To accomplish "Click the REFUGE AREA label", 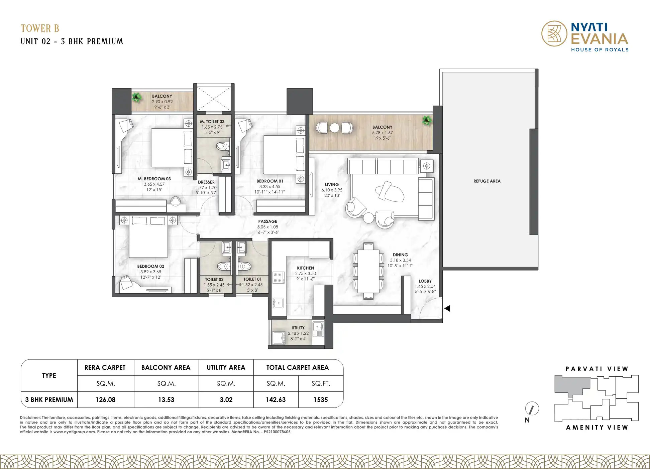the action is [x=487, y=181].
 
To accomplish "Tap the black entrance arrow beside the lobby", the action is [x=447, y=308].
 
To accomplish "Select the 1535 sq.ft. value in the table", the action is [x=321, y=400].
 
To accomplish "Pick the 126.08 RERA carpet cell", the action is [x=105, y=400].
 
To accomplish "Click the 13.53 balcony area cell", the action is [x=166, y=400].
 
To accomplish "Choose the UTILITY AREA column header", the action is [x=226, y=367].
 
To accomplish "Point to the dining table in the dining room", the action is [x=368, y=271].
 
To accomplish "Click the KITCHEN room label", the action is [x=305, y=268].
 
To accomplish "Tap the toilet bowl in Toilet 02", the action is [x=223, y=266].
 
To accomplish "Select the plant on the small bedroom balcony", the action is [x=136, y=97].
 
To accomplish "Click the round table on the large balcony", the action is [x=334, y=128].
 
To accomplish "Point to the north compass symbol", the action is [x=532, y=409].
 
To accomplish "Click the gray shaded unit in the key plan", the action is [x=572, y=385].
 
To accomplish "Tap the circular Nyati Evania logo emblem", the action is [x=554, y=33].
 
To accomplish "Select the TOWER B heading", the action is [x=40, y=28].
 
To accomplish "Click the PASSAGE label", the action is [x=267, y=221].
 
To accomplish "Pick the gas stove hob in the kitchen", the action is [x=278, y=278].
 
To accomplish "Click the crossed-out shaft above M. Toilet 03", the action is [x=213, y=98].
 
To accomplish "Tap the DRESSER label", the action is [x=206, y=182].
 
